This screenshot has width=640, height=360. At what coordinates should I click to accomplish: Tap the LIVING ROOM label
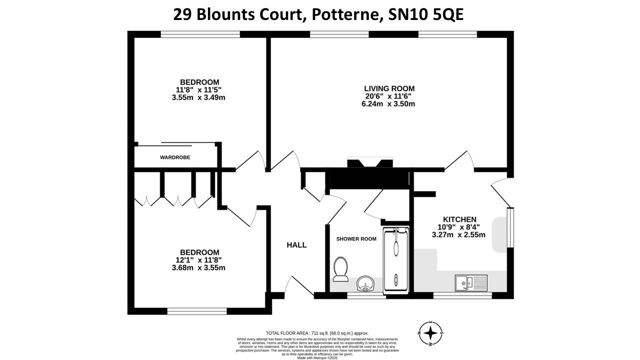pos(389,88)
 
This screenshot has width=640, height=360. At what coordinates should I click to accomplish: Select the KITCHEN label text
pos(459,219)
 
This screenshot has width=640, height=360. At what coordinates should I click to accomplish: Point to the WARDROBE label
pos(175,157)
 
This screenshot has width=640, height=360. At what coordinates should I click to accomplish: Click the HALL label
pos(296,245)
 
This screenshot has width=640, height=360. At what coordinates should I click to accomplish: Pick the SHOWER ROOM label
pos(356,239)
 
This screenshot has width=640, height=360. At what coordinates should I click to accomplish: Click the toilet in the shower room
pos(341,269)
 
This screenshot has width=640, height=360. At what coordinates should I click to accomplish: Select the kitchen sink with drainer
pos(470,283)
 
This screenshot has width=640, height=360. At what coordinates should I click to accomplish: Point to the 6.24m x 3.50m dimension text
pos(389,104)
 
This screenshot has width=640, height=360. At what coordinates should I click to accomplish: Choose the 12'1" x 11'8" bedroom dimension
pos(199,260)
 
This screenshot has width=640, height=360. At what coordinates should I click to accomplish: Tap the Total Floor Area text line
pos(317,333)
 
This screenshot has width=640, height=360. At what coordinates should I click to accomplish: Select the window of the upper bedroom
pos(200,34)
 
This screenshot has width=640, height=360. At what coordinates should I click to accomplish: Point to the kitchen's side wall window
pos(510,227)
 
